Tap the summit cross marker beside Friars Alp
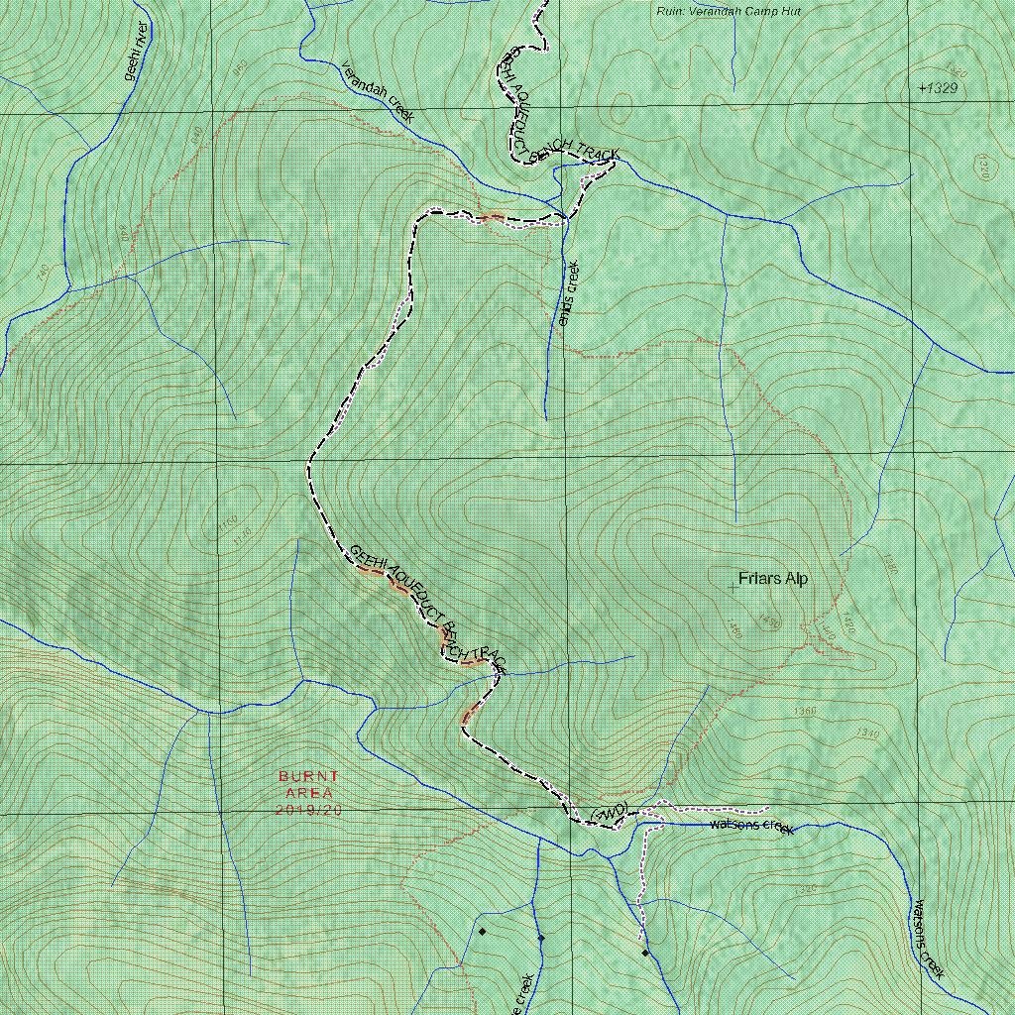click(x=733, y=588)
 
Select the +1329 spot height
click(x=938, y=88)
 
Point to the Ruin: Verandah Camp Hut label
click(x=729, y=11)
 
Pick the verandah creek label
click(x=377, y=91)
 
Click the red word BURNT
click(x=308, y=776)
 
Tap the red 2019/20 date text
click(x=308, y=810)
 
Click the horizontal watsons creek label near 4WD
click(x=752, y=826)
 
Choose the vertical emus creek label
click(x=568, y=292)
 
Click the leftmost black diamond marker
click(x=482, y=931)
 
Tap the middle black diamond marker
click(x=541, y=938)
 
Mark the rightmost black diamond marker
click(x=644, y=954)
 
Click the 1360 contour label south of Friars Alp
click(x=806, y=712)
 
